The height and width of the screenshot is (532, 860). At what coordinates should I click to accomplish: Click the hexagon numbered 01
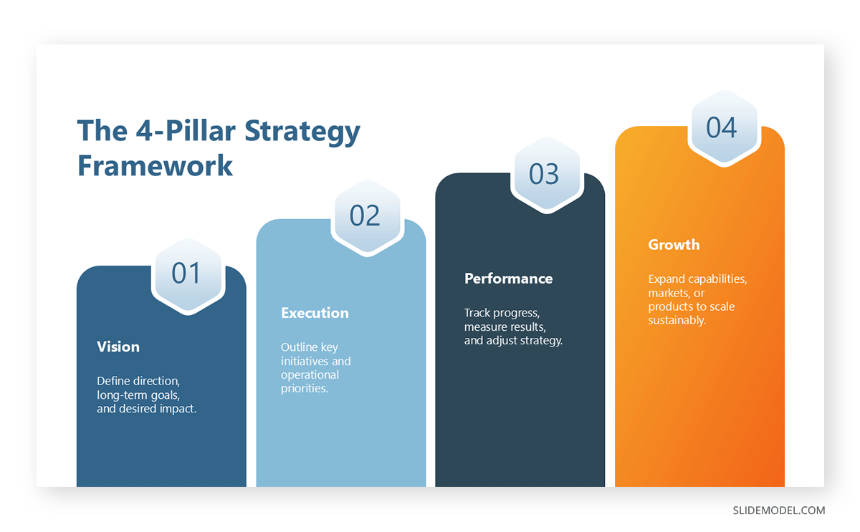point(187,274)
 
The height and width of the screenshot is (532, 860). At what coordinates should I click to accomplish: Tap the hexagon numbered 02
point(365,216)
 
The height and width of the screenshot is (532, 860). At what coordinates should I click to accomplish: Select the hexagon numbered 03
point(545,174)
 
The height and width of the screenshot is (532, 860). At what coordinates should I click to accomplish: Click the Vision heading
point(118,347)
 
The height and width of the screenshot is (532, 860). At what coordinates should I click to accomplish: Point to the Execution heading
point(315,313)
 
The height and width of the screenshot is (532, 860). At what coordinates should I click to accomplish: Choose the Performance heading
point(508,279)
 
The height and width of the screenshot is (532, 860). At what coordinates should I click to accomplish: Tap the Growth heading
point(674,245)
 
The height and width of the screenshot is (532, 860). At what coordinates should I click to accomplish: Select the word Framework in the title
point(155,165)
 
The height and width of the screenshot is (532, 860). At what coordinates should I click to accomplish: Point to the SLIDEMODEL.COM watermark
point(778,511)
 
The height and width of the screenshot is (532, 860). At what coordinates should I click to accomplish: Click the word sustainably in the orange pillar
point(677,320)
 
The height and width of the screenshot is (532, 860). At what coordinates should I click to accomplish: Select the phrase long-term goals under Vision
point(138,395)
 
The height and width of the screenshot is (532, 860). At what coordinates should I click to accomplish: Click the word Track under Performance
point(478,313)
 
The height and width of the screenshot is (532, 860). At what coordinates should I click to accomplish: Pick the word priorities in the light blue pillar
point(303,389)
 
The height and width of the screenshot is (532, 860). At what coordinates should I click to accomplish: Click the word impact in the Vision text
point(179,409)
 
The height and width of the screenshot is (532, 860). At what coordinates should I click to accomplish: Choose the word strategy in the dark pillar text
point(543,340)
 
